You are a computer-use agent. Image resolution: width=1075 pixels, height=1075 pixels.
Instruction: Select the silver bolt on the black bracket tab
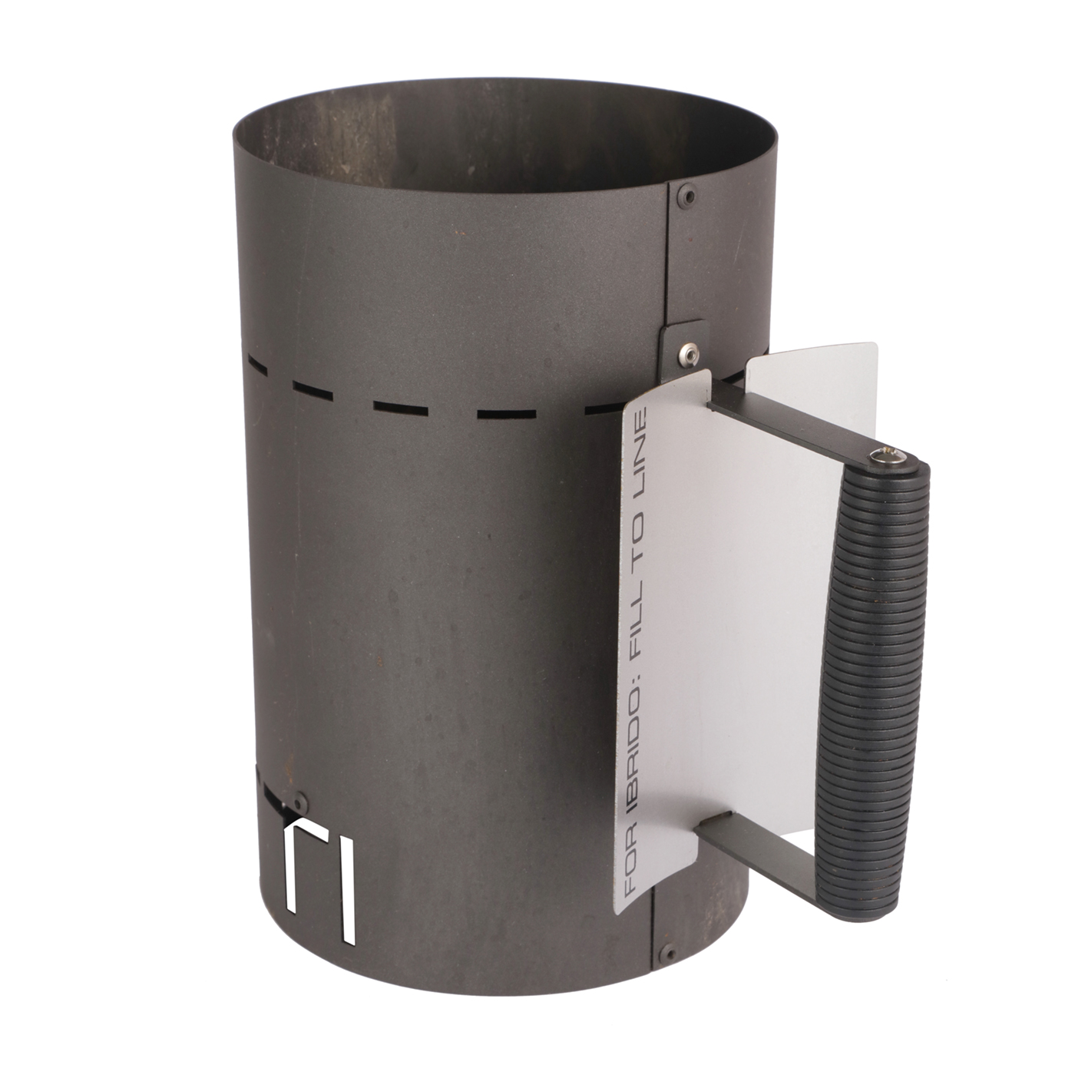pos(688,352)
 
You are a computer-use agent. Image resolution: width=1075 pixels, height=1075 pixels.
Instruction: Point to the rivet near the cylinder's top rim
pos(690,197)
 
